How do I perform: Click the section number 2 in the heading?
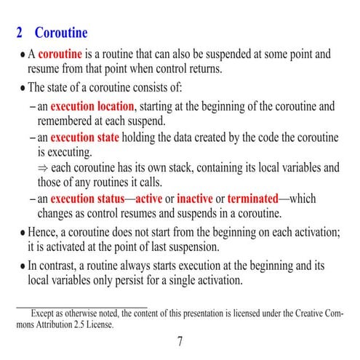coord(20,33)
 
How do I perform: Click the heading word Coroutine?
coord(61,33)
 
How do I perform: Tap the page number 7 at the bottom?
coord(180,342)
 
